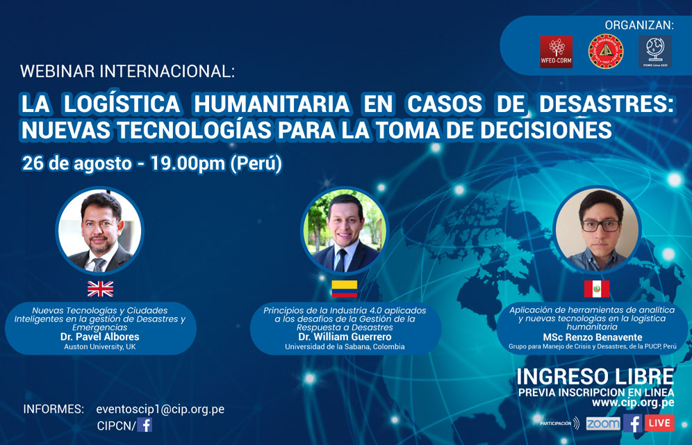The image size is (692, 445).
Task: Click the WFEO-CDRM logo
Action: [x=556, y=51]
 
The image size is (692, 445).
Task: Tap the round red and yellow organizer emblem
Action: [x=606, y=51]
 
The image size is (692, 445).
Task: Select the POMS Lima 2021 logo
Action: [x=655, y=51]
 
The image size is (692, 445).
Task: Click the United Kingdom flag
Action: [x=100, y=289]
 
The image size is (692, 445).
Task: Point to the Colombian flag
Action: [x=344, y=289]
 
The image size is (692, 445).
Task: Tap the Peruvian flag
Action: [x=597, y=289]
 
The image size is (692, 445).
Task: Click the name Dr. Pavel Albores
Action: [x=100, y=337]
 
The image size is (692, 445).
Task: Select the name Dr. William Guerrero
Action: [x=345, y=337]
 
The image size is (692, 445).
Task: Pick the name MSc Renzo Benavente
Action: [x=592, y=337]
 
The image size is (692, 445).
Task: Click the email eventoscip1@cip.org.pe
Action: [x=160, y=410]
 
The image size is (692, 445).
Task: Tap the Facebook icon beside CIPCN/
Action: [x=145, y=425]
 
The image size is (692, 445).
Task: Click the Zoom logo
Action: [x=603, y=423]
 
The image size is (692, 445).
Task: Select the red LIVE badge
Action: [x=659, y=423]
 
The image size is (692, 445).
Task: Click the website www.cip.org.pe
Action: [x=633, y=403]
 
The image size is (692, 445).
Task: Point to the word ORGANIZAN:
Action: [x=639, y=25]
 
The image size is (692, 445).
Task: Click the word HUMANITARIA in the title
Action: [x=272, y=104]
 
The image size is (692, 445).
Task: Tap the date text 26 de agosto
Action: [x=77, y=164]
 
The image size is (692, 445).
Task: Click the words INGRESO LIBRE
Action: [x=595, y=377]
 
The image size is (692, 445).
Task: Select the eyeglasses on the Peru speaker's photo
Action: [x=601, y=225]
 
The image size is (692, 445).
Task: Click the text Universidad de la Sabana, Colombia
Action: [x=345, y=347]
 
